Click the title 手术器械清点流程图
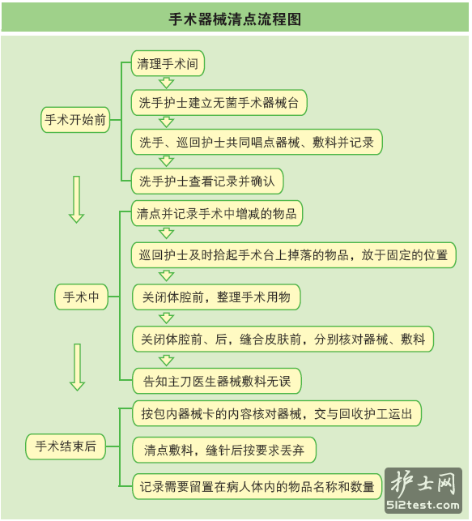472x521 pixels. pos(235,19)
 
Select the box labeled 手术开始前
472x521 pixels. pos(75,120)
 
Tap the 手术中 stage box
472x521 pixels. pos(81,297)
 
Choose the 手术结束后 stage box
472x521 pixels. pos(66,446)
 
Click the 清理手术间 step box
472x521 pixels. pos(168,63)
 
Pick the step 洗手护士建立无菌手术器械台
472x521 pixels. pos(219,103)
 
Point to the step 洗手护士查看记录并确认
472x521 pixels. pos(207,181)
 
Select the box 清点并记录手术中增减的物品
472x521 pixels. pos(217,213)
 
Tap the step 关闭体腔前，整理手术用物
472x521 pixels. pos(216,297)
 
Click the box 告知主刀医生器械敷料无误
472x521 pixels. pos(217,381)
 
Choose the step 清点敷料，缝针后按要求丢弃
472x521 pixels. pos(224,450)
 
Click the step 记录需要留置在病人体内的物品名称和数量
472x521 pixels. pos(257,486)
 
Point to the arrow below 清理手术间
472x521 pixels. pos(166,83)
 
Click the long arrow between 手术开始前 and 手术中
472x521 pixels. pos(76,199)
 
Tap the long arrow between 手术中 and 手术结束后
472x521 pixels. pos(78,367)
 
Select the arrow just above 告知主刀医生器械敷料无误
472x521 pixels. pos(166,361)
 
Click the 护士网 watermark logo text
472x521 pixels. pos(423,484)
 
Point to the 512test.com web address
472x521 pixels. pos(423,505)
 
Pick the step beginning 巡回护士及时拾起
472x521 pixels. pos(293,255)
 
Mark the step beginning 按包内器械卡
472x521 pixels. pos(277,414)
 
